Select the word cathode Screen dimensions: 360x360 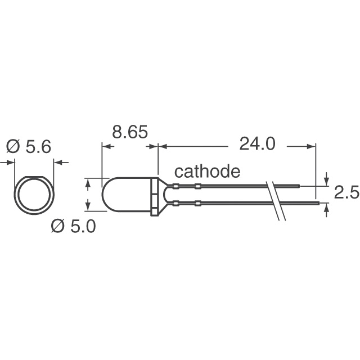click(208, 172)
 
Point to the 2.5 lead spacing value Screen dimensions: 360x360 click(346, 193)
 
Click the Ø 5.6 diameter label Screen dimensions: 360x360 click(29, 147)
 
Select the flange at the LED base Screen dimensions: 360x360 click(155, 195)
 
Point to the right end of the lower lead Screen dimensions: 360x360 click(317, 203)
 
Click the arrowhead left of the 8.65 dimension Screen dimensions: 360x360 click(105, 146)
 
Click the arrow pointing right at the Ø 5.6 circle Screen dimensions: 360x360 click(11, 163)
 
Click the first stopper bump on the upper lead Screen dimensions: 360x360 click(176, 186)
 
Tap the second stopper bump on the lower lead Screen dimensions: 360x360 click(197, 203)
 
